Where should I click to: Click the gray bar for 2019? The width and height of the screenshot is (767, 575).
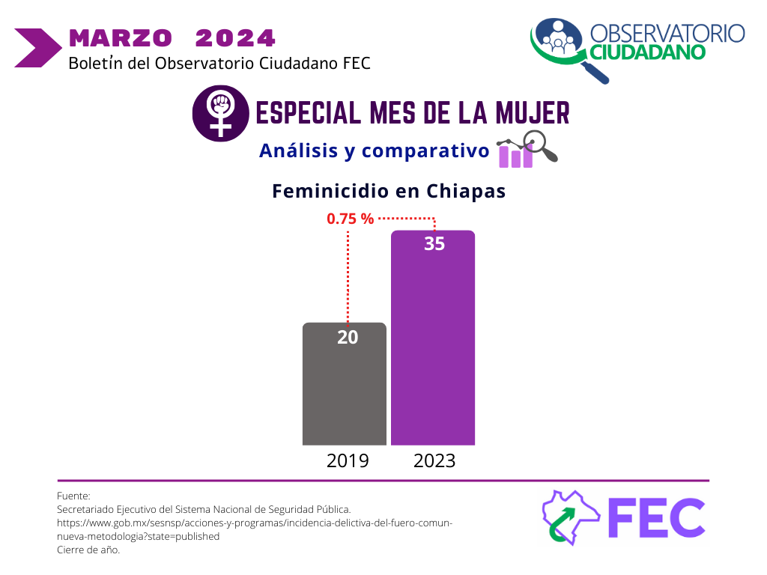pos(345,397)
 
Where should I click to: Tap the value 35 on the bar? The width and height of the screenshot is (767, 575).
pos(434,244)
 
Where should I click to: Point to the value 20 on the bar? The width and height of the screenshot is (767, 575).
pos(348,338)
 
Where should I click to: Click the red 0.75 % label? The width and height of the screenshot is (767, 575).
pos(350,219)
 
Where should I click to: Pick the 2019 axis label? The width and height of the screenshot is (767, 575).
pos(348,460)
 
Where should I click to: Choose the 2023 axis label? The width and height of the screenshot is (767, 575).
pos(434,460)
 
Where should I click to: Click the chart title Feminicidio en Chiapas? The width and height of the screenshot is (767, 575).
pos(389,192)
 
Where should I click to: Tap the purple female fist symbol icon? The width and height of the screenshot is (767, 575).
pos(220,114)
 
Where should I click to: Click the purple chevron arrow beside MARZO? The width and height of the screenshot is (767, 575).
pos(37,48)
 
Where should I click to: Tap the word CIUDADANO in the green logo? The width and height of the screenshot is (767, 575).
pos(647,52)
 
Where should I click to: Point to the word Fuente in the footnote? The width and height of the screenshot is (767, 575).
pos(73,496)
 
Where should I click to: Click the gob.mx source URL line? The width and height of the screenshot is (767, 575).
pos(255,523)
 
